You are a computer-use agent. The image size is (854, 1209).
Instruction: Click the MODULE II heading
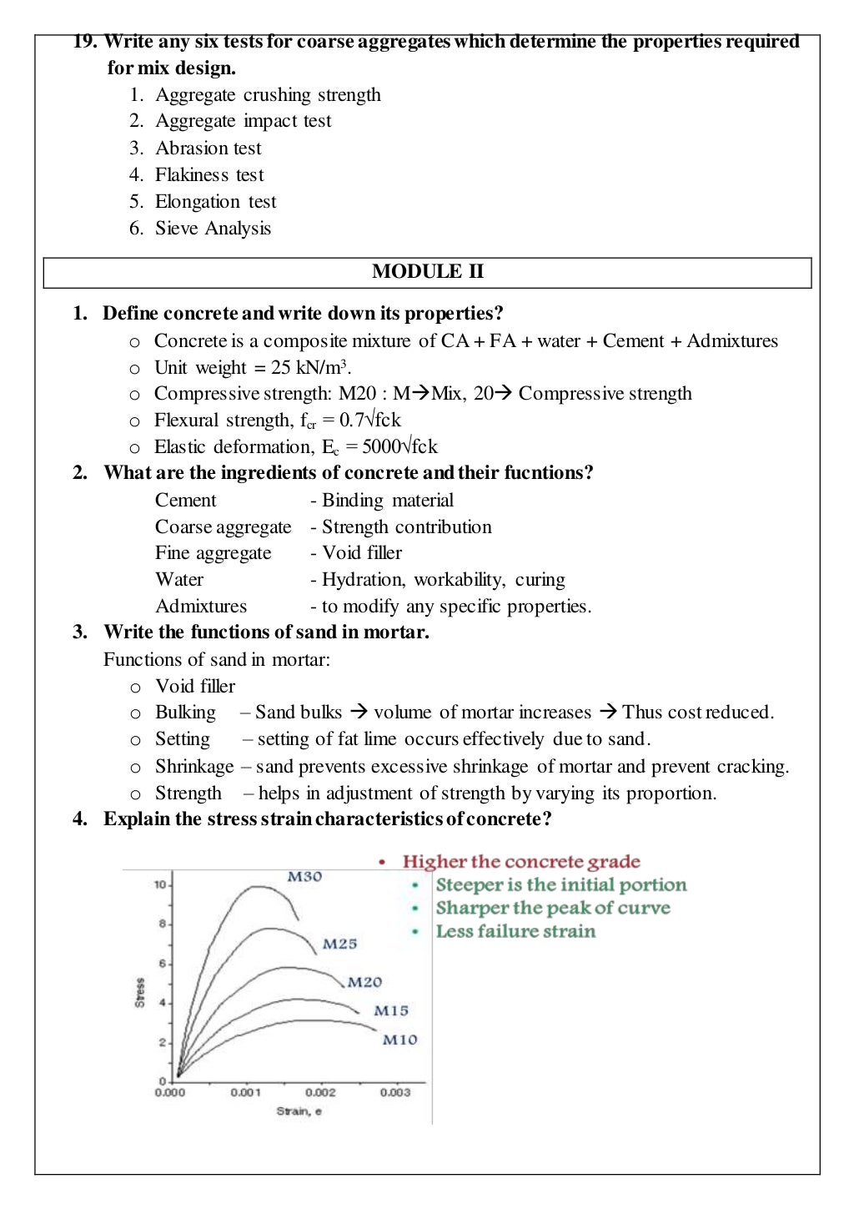click(x=427, y=272)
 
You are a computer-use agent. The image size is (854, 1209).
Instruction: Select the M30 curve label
click(x=304, y=876)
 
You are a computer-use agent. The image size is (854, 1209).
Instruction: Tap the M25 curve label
click(x=339, y=944)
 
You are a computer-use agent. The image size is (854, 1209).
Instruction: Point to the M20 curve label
click(x=364, y=982)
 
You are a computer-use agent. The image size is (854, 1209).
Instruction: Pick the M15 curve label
click(x=390, y=1010)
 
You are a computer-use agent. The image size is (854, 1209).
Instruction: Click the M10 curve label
click(x=399, y=1040)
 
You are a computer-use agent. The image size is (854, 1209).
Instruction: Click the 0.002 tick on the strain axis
click(x=320, y=1092)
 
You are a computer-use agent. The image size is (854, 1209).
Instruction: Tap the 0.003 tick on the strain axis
click(x=394, y=1092)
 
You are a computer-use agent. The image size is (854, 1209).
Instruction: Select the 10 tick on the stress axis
click(x=159, y=884)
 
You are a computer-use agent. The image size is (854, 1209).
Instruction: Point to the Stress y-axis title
click(x=139, y=992)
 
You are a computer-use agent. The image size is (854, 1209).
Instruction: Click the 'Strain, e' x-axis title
click(x=299, y=1111)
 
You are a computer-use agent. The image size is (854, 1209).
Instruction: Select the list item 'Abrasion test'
click(x=208, y=149)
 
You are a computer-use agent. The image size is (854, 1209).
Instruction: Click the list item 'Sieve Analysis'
click(x=213, y=229)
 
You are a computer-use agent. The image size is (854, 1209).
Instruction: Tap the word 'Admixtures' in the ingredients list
click(x=201, y=607)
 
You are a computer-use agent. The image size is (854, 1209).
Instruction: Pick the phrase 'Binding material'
click(x=388, y=501)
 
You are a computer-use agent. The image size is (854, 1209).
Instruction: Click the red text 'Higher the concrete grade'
click(x=521, y=862)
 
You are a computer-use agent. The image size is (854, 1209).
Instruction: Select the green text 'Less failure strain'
click(x=515, y=931)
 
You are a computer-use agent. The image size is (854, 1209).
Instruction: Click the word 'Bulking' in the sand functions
click(x=185, y=713)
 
